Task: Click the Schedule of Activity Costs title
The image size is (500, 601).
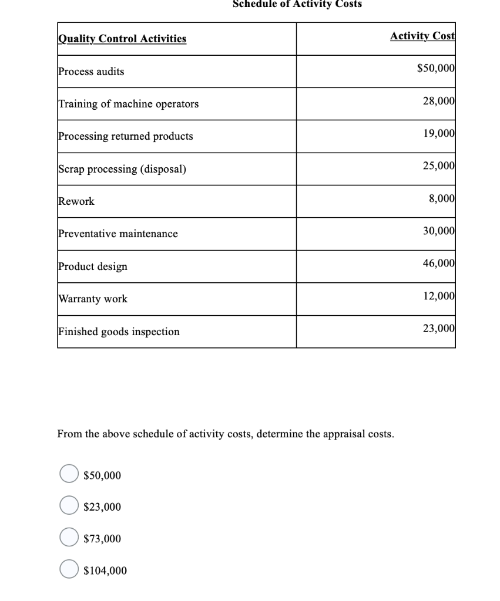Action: tap(297, 4)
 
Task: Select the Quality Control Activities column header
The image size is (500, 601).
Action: tap(122, 39)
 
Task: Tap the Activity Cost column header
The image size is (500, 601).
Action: tap(422, 36)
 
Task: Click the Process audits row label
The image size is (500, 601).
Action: tap(91, 72)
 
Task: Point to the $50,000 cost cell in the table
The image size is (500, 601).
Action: tap(435, 69)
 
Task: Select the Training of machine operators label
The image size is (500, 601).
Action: tap(128, 104)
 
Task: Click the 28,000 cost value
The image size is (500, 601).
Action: tap(438, 101)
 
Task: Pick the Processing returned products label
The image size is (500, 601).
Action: tap(125, 136)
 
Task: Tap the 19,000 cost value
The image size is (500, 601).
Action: tap(438, 133)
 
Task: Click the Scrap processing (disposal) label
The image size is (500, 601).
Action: tap(122, 169)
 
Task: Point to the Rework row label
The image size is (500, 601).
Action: tap(76, 201)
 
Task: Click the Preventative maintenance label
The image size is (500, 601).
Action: tap(118, 234)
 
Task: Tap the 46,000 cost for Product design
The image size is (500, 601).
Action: tap(438, 263)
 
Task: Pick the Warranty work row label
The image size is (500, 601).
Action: tap(92, 299)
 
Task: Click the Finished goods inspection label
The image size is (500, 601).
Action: tap(119, 332)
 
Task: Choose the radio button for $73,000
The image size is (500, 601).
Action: tap(69, 538)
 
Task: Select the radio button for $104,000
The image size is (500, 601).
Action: tap(69, 569)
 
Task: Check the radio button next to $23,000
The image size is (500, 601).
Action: tap(69, 505)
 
